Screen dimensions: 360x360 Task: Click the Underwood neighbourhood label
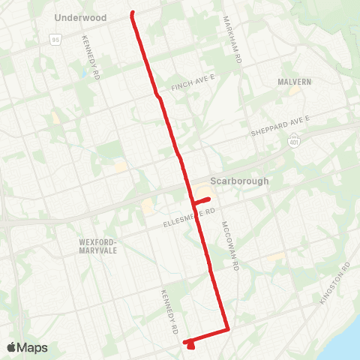tap(81, 17)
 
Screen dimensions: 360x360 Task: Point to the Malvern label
tap(294, 82)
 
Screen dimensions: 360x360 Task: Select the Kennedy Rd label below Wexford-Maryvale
tap(170, 311)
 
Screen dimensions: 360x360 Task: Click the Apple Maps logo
tap(27, 347)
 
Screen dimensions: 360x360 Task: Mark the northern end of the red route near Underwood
tap(133, 13)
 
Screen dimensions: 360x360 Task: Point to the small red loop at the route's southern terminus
tap(191, 344)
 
